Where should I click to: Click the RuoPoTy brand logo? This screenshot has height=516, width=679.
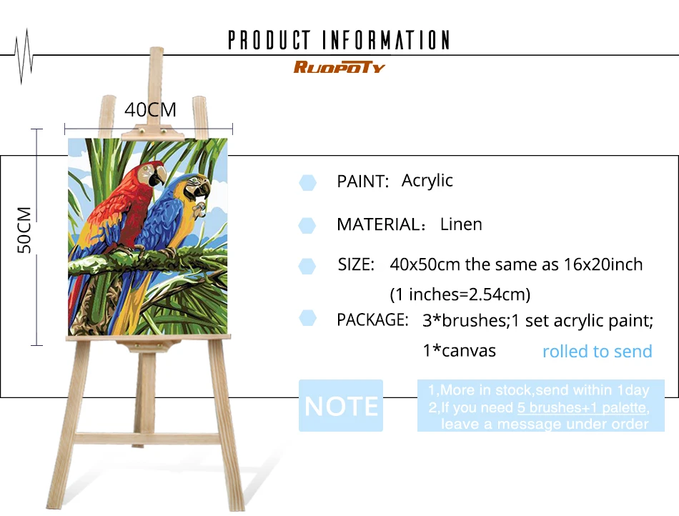[339, 67]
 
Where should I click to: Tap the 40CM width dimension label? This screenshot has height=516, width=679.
[150, 110]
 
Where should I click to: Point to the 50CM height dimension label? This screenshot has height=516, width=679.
[24, 230]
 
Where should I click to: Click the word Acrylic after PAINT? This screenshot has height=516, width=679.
[427, 181]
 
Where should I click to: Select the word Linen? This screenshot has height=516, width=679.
[461, 224]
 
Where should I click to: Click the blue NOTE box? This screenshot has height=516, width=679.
[341, 406]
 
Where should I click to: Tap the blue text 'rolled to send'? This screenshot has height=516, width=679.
[597, 351]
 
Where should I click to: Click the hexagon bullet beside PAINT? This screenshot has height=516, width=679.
[307, 183]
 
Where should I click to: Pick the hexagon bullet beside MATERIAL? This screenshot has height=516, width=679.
[307, 226]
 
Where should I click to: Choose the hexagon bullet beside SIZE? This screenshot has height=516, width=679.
[307, 267]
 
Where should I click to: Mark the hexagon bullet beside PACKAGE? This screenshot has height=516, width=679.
[307, 318]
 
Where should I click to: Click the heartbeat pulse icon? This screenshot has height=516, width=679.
[24, 56]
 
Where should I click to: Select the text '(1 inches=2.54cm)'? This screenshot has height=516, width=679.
[460, 294]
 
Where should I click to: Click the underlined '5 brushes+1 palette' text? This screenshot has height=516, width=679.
[582, 407]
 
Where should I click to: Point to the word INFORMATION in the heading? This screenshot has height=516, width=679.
[386, 40]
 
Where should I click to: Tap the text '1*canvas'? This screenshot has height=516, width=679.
[459, 351]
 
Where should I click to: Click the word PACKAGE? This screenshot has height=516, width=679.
[372, 320]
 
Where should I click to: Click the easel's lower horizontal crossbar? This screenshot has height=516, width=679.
[147, 439]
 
